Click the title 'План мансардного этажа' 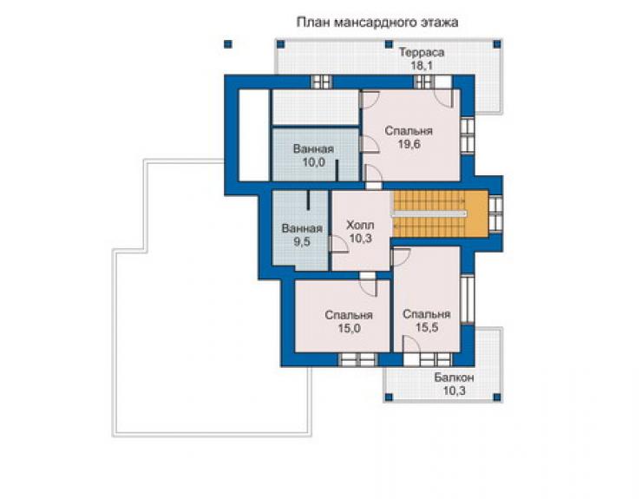coord(377,22)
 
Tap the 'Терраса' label coord(422,52)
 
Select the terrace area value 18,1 coord(422,66)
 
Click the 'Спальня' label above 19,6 coord(409,131)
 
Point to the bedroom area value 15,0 coord(349,328)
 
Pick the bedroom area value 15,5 coord(427,327)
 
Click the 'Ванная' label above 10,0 coord(314,148)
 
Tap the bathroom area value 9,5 coord(302,242)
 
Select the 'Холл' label coord(360,225)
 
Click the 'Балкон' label coord(454,378)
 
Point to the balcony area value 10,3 coord(454,391)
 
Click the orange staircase coord(441,213)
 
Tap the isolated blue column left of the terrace coord(228,44)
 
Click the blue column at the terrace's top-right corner coord(496,44)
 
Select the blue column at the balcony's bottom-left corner coord(389,397)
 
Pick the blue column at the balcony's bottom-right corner coord(496,397)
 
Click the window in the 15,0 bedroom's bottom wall coord(358,359)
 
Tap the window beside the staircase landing coord(495,213)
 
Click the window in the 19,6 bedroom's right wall coord(467,135)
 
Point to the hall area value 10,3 coord(360,238)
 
